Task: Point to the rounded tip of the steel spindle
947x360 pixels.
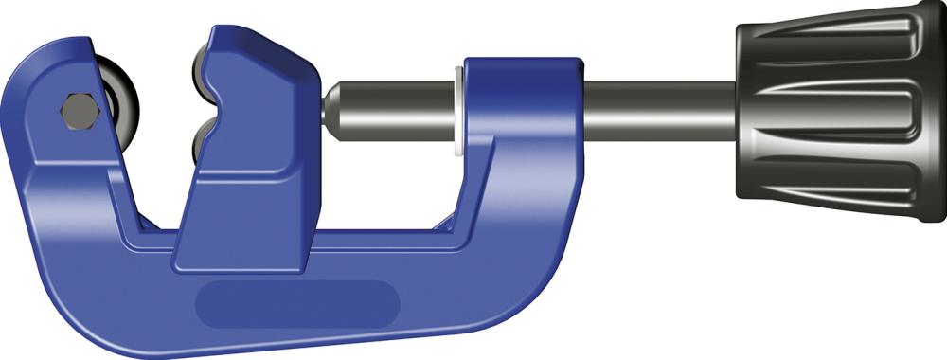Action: [x=331, y=109]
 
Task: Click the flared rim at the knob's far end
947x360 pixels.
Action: [x=933, y=109]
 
